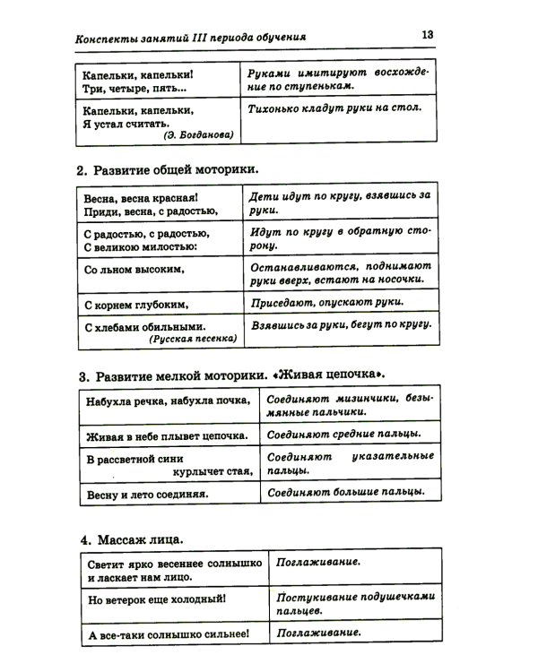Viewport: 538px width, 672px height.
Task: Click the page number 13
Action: (427, 35)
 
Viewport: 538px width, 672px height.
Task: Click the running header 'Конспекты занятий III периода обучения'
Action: (192, 39)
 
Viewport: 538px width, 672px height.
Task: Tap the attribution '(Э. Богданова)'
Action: (198, 135)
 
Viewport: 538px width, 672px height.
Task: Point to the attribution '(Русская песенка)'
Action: (194, 340)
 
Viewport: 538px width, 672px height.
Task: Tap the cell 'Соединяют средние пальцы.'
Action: (344, 435)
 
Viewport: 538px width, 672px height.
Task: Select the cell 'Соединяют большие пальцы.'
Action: (345, 492)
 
